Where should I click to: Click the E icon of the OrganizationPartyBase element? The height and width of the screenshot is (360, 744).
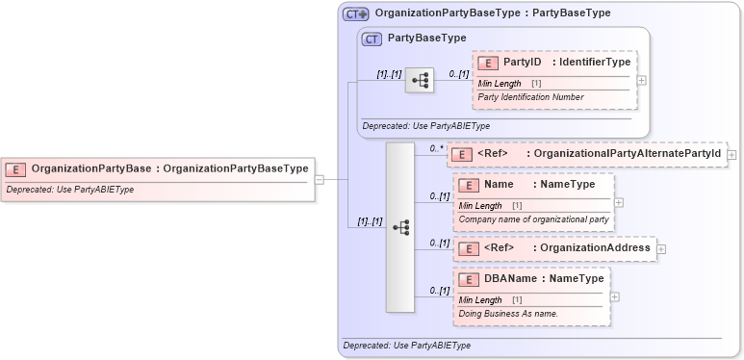pos(15,169)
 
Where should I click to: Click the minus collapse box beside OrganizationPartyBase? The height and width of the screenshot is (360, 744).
pos(320,178)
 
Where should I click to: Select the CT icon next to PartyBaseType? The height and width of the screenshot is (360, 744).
pos(371,39)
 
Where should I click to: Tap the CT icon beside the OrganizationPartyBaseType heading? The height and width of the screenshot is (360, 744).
pos(356,14)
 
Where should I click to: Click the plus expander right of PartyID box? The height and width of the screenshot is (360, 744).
pos(642,80)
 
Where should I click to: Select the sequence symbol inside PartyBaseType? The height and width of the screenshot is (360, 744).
pos(420,81)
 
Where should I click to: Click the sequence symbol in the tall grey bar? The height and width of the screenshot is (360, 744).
pos(400,227)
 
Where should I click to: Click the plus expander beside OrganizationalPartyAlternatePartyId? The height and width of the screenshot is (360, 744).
pos(732,154)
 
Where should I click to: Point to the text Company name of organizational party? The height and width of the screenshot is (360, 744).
pos(532,219)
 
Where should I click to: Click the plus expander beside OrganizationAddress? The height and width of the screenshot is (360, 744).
pos(661,249)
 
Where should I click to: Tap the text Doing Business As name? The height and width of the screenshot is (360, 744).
pos(508,314)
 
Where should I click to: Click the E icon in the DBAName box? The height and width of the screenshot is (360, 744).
pos(468,279)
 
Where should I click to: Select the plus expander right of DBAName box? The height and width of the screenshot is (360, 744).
pos(615,296)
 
